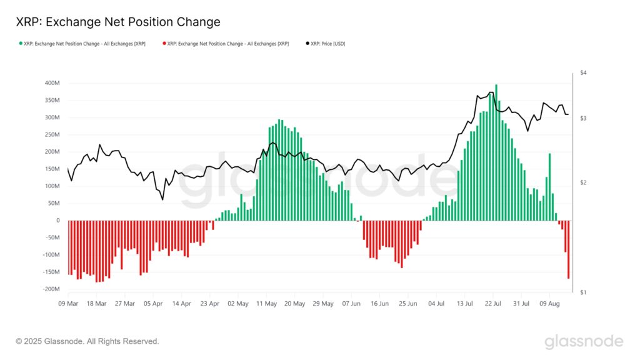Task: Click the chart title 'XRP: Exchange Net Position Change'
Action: coord(117,22)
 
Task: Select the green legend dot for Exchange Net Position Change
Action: coord(20,44)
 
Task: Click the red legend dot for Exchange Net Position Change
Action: coord(164,44)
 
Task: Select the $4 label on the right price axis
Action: coord(583,73)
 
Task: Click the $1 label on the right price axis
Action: coord(583,292)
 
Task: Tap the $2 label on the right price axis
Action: coord(583,182)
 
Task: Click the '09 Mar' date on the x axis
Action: coord(68,304)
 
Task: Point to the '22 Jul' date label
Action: coord(493,304)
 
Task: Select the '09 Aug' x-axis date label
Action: coord(549,304)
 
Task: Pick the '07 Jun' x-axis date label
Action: coord(351,304)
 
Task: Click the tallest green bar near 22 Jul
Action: coord(496,152)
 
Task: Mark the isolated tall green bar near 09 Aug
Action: coord(549,187)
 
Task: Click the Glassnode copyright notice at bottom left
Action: coord(87,341)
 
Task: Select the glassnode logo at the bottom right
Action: coord(583,341)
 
